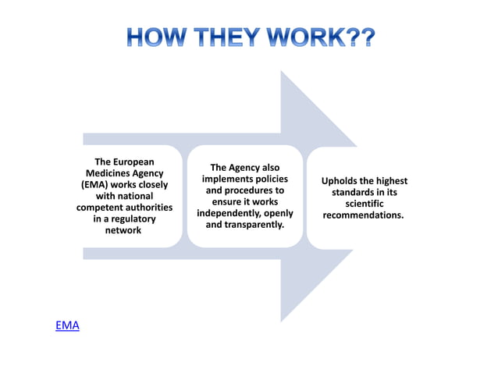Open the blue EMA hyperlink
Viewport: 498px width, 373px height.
click(x=67, y=325)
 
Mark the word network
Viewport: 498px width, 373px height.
click(x=123, y=231)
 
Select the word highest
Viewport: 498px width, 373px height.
click(x=390, y=181)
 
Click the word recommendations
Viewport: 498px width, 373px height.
click(x=362, y=215)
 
